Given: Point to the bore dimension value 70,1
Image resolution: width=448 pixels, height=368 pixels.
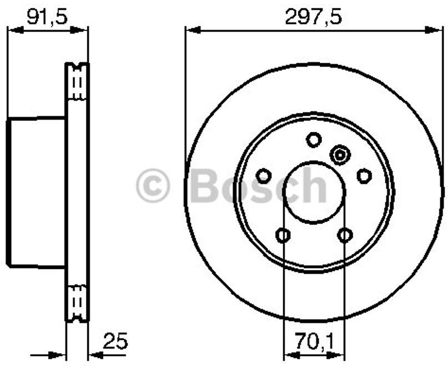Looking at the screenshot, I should [314, 338].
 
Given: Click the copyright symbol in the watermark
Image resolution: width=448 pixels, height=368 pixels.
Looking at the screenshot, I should [153, 186].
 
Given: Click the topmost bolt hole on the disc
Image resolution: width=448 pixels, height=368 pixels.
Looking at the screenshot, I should [314, 139].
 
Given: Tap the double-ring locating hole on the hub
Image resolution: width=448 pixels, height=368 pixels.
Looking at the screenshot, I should [339, 155].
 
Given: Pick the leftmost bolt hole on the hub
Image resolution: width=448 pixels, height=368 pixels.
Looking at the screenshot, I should [264, 176].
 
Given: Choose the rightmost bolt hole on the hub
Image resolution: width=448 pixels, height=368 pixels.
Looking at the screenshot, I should [364, 176].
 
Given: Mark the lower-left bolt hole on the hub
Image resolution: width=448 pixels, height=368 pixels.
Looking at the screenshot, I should [283, 235].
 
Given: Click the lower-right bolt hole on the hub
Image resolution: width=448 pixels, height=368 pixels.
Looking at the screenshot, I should [345, 235].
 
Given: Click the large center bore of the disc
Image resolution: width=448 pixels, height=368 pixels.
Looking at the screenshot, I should [314, 192].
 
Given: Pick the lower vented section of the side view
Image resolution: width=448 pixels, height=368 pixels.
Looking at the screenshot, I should [78, 302].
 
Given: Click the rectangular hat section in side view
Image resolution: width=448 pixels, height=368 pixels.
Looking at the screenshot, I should [36, 192].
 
